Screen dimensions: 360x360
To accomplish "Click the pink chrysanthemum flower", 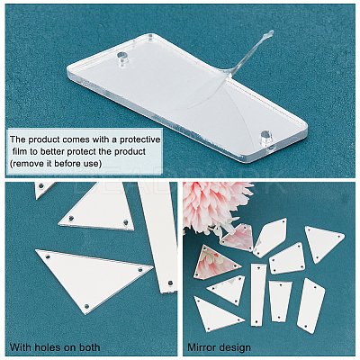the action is (213, 205).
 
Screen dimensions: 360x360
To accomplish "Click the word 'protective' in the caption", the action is (140, 139).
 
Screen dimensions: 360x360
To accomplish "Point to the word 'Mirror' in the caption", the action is (200, 347).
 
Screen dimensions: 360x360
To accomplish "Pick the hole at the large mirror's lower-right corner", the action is (265, 135).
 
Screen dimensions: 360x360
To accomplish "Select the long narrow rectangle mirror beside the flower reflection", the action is (258, 294).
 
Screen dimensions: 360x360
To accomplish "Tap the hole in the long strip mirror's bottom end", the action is (170, 283).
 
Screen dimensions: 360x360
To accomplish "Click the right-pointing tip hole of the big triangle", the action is (139, 270).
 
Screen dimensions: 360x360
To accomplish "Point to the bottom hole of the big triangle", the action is (87, 306).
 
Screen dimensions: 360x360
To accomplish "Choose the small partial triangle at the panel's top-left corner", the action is (43, 190).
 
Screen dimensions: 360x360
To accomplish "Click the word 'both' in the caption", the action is (90, 347).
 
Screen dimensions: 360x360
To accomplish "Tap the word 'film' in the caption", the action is (20, 151).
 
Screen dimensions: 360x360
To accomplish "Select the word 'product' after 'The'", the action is (43, 139).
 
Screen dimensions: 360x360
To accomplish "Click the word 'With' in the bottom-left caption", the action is (22, 347).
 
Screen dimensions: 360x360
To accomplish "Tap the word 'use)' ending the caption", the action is (93, 164).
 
